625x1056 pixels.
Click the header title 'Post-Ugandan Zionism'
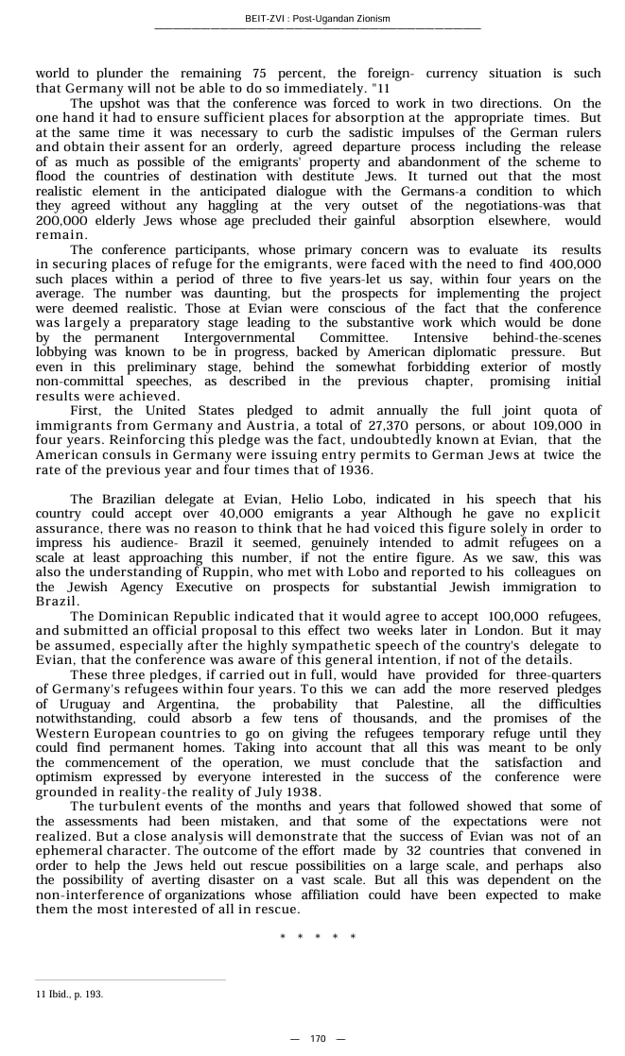[345, 19]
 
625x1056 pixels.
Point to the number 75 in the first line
[261, 73]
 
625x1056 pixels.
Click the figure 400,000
[574, 264]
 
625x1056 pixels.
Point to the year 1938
[296, 792]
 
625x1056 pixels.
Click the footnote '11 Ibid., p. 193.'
[69, 994]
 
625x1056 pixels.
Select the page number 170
[318, 1038]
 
